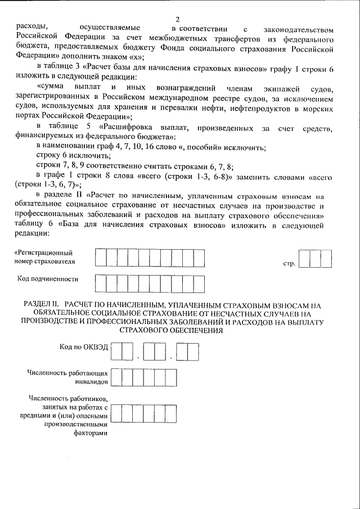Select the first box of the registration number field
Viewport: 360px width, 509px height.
tap(101, 257)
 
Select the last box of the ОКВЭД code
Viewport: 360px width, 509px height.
tap(192, 352)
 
